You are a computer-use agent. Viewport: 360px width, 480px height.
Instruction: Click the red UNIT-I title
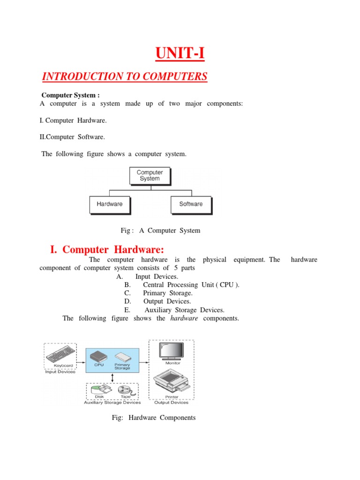180,54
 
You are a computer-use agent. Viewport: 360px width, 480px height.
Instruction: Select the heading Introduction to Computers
125,76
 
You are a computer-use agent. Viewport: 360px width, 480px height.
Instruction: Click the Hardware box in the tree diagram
109,204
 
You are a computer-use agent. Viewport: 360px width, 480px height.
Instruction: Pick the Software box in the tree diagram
191,204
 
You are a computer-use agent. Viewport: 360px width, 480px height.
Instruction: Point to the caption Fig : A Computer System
160,231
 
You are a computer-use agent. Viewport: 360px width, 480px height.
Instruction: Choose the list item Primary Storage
167,293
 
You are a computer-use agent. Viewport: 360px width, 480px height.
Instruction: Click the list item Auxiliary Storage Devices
184,310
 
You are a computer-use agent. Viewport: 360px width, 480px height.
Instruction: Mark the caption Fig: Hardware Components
154,418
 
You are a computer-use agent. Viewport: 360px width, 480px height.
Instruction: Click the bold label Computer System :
71,95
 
